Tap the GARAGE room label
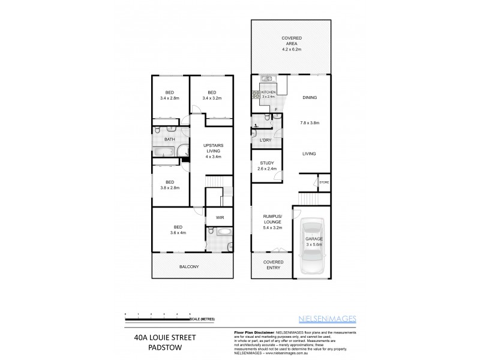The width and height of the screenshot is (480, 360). click(314, 241)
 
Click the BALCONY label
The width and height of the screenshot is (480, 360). click(189, 266)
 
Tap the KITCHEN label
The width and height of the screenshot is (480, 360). click(268, 92)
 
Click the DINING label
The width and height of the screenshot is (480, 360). click(310, 97)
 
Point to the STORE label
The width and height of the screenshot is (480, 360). click(324, 182)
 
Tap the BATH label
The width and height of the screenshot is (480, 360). click(170, 140)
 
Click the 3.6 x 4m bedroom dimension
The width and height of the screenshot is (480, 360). click(179, 232)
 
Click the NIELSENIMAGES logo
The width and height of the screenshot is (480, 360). click(336, 319)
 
